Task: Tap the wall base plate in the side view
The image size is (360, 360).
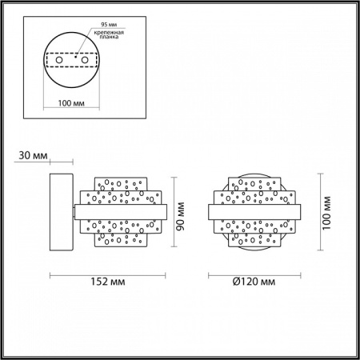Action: [62, 212]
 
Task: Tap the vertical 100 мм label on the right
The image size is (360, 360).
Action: [326, 211]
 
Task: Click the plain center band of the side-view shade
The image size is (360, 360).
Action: [120, 212]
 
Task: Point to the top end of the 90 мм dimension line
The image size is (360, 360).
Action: [173, 177]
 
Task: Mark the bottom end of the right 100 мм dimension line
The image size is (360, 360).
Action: [318, 250]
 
